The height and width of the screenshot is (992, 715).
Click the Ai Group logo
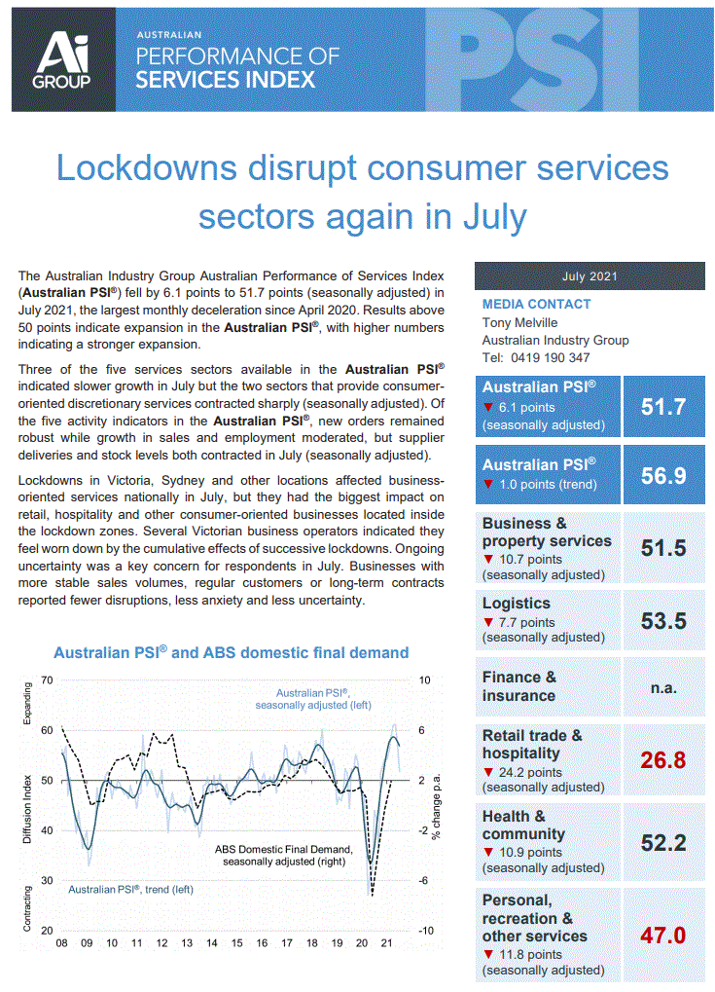[63, 56]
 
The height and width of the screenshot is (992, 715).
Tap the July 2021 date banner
[590, 276]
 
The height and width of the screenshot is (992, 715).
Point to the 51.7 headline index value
[663, 406]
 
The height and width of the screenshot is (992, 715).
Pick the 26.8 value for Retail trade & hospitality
[663, 758]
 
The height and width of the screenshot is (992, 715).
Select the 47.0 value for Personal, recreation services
[663, 936]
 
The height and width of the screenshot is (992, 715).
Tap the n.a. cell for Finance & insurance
[663, 687]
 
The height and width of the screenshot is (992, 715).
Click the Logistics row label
[517, 604]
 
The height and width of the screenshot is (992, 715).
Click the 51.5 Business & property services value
[663, 548]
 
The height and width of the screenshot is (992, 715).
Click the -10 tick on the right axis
[426, 931]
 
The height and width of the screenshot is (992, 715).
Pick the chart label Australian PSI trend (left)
[129, 889]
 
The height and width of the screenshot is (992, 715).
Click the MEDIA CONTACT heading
[536, 304]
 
